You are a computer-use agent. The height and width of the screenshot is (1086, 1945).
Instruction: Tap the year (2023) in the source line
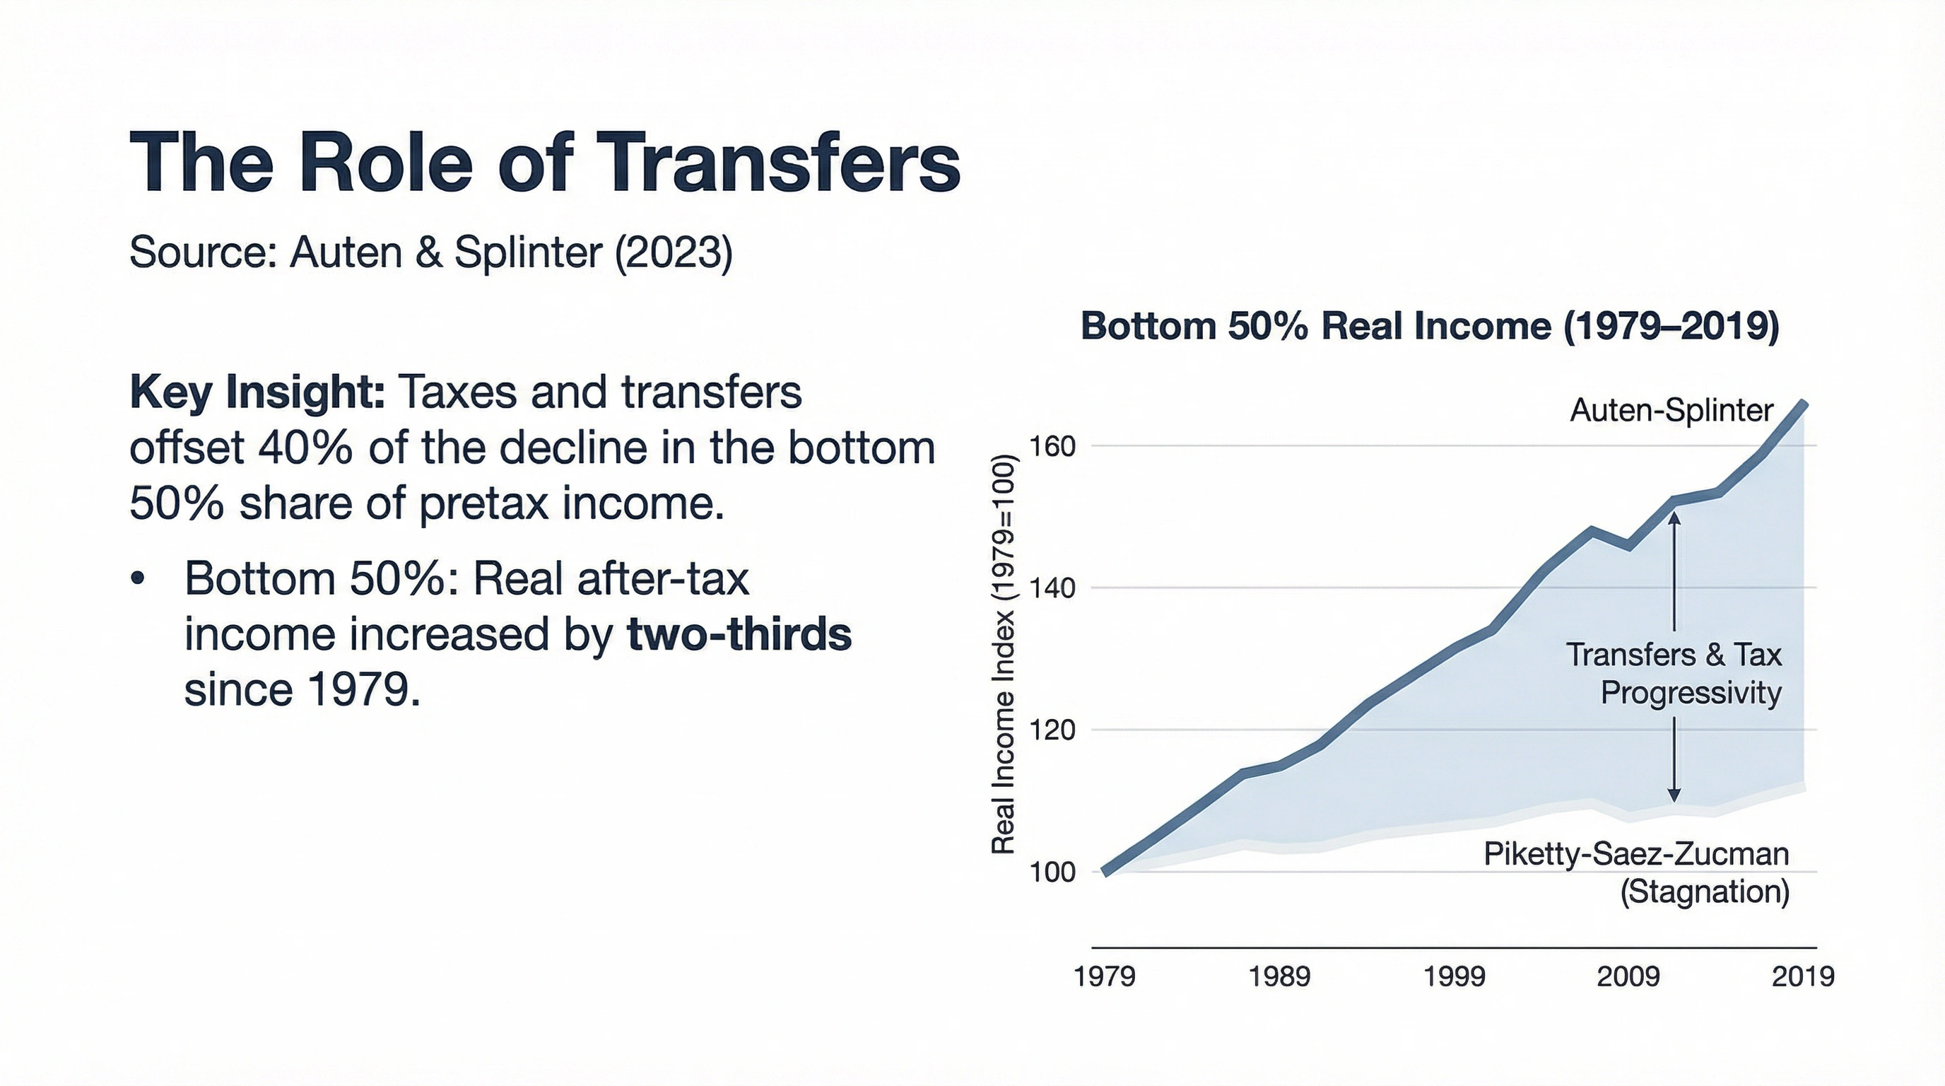tap(674, 252)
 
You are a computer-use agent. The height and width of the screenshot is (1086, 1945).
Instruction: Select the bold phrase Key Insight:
tap(257, 392)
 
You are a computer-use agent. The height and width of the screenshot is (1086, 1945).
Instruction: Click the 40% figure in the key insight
tap(305, 448)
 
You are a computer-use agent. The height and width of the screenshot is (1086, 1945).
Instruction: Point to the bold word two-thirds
tap(739, 634)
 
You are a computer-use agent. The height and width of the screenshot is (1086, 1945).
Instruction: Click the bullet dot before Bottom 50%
tap(136, 579)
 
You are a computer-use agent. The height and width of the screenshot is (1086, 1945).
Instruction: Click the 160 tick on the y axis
tap(1052, 447)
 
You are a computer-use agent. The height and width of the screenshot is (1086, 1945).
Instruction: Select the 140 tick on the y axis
tap(1052, 588)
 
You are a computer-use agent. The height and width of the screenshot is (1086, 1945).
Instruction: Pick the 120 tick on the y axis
tap(1052, 730)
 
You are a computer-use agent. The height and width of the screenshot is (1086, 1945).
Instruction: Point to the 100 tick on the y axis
tap(1052, 872)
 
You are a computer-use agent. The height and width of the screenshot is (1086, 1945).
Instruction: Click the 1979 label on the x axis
tap(1104, 976)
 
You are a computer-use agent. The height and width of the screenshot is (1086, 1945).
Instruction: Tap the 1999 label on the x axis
tap(1454, 976)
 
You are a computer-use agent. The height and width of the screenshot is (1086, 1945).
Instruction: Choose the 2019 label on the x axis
tap(1802, 976)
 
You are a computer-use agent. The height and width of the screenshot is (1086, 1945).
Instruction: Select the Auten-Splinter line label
tap(1671, 411)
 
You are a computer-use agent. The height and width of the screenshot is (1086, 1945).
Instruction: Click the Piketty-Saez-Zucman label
tap(1636, 854)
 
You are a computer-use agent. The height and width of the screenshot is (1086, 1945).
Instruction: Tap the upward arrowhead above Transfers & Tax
tap(1674, 518)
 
